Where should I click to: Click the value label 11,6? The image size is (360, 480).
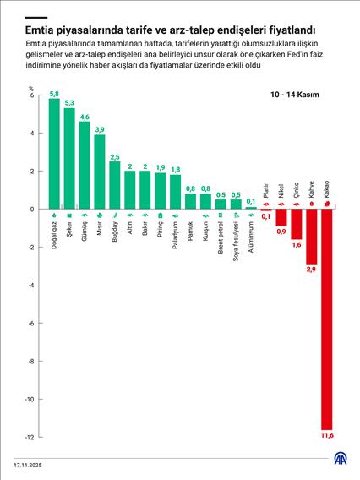click(327, 435)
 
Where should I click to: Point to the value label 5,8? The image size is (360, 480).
click(54, 93)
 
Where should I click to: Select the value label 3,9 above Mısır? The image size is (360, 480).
click(100, 128)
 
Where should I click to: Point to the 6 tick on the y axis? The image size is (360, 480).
click(30, 95)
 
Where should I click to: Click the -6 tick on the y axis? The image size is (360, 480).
click(29, 323)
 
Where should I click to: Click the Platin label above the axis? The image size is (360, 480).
click(265, 189)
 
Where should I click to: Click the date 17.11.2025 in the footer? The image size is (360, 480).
click(27, 465)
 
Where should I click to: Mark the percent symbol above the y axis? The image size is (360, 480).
click(30, 87)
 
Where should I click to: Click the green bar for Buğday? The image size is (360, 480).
click(115, 185)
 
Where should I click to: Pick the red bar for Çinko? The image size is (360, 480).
click(296, 224)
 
